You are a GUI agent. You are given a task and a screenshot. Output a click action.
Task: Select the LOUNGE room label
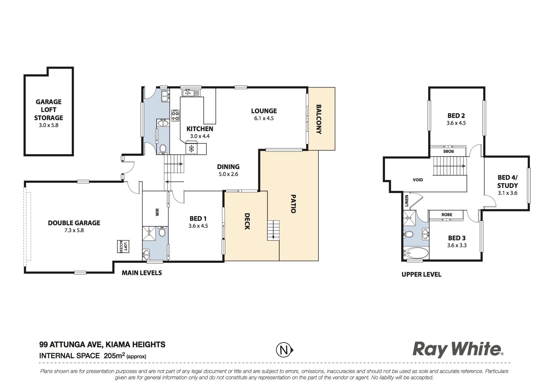coord(264,111)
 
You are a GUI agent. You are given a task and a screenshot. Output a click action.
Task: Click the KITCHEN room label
coord(200,129)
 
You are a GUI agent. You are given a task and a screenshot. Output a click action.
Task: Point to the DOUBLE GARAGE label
coord(74,223)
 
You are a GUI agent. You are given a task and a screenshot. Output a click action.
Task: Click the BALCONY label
coord(319,119)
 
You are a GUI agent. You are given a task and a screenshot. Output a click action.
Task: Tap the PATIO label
coord(293,204)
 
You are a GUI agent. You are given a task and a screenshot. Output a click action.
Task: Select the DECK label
coord(247,221)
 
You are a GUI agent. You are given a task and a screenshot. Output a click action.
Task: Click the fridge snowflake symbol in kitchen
coord(191,149)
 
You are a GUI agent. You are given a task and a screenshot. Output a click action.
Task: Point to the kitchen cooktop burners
coord(175,115)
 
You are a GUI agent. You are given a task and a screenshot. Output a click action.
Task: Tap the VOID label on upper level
coord(418,180)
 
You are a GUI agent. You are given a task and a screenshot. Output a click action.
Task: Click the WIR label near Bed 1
coord(157,212)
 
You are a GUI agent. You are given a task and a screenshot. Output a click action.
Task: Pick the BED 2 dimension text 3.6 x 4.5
coord(456,123)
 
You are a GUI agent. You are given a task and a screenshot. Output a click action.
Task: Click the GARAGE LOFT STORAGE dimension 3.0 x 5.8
coord(49,125)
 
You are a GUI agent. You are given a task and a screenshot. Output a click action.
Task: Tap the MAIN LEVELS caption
coord(142,273)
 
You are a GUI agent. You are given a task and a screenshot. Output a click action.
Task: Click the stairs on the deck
coord(273,231)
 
